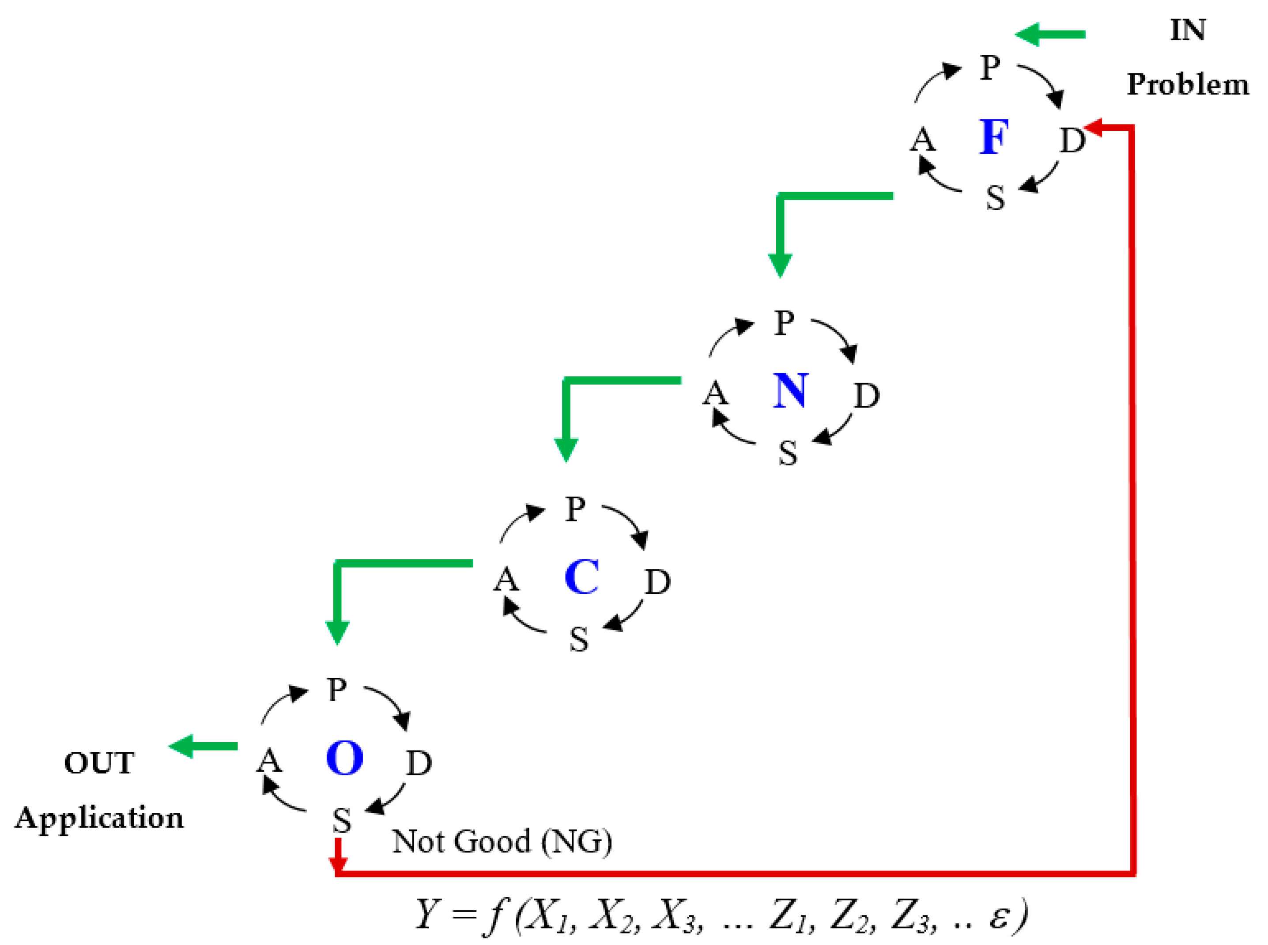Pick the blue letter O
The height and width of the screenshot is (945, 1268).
344,758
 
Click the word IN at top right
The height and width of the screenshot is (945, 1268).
1187,30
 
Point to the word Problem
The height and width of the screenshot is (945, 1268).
1187,85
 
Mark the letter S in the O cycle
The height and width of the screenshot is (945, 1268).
342,821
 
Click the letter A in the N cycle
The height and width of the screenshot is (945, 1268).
715,394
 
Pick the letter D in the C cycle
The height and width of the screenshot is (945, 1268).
657,582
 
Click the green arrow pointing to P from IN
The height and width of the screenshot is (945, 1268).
1049,35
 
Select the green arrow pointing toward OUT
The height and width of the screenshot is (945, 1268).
204,746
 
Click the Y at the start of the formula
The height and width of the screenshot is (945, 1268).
427,914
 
